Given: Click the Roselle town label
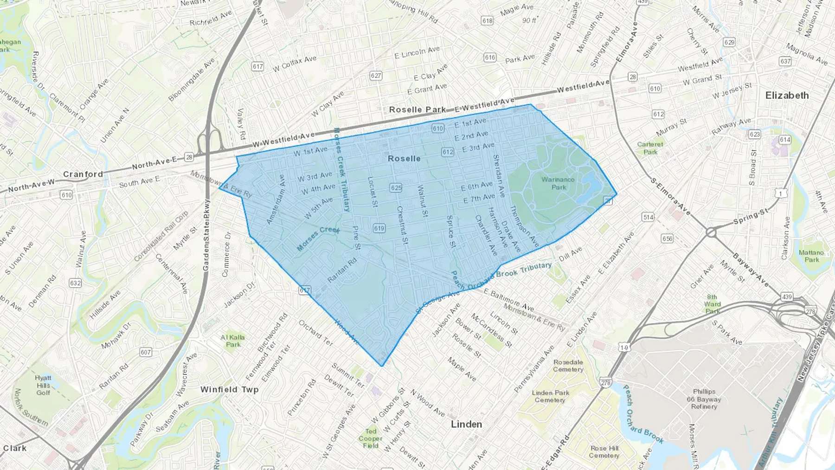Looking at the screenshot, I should [x=404, y=159].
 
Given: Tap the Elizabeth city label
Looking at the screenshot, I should [x=787, y=96].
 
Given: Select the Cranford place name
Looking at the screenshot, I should [x=83, y=174].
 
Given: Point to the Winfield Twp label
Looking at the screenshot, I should [x=229, y=390].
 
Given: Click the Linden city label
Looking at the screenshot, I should [x=466, y=425].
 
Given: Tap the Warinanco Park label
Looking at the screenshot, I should [x=558, y=183].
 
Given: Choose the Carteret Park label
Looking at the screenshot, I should [x=650, y=148].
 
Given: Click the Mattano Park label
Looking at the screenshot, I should [x=811, y=256].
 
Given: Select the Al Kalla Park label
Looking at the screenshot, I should [x=233, y=341].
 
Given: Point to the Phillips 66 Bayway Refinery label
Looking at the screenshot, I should [x=704, y=399].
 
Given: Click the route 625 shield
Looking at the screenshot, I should [x=396, y=188].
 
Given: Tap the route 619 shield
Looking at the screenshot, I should [x=379, y=228].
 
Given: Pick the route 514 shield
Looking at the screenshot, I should [x=648, y=217].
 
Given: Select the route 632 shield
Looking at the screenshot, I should [x=75, y=283].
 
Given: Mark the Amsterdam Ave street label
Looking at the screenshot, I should [x=276, y=200].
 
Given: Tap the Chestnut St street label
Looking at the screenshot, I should [x=402, y=226].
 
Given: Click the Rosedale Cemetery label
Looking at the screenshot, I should [x=568, y=366].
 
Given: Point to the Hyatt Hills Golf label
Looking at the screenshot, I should [x=43, y=385].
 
